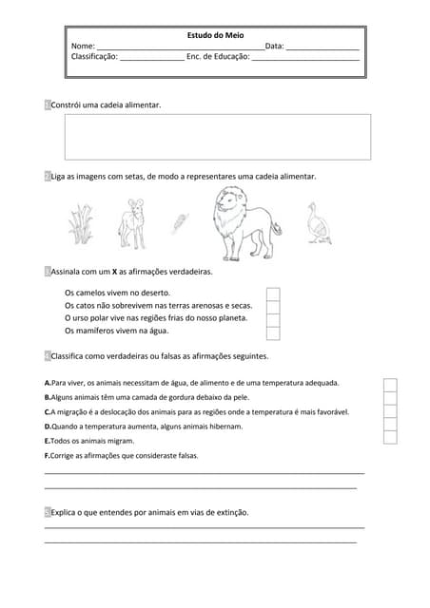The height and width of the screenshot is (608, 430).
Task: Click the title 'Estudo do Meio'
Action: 215,35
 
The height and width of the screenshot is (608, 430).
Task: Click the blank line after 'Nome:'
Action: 180,47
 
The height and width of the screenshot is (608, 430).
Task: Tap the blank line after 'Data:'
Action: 322,47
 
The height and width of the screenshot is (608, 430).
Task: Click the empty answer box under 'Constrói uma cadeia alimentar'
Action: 217,137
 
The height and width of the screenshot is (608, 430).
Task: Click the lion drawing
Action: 244,224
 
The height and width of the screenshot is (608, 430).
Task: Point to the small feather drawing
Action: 178,224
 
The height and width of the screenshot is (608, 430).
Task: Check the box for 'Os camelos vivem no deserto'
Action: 273,294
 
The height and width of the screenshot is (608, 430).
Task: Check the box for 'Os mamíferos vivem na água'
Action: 273,332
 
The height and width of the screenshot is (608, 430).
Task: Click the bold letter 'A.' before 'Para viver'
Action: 48,383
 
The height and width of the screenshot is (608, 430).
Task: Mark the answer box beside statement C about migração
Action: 390,411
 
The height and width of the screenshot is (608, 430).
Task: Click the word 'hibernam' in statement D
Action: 225,427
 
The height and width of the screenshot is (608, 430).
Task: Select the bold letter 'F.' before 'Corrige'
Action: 48,456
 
